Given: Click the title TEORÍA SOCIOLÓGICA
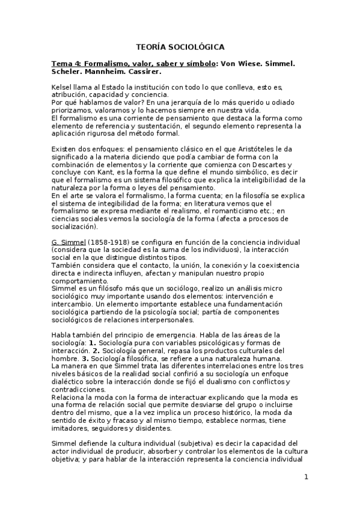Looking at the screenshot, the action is pos(180,46).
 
